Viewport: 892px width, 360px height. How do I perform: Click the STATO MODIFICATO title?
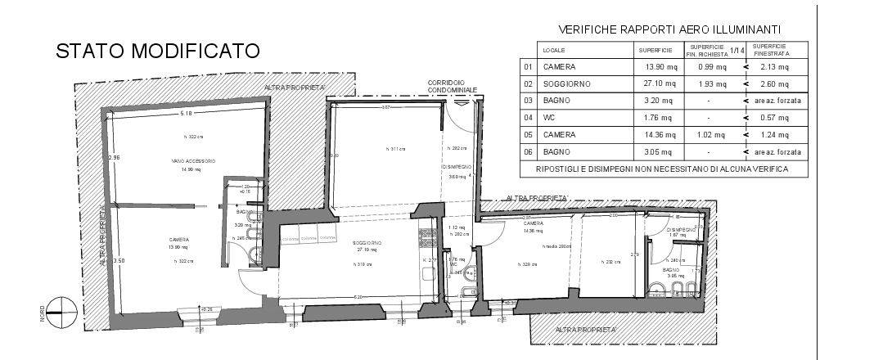(157, 51)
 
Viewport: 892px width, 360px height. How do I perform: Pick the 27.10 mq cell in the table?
(660, 84)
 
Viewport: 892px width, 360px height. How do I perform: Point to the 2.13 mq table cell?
(773, 67)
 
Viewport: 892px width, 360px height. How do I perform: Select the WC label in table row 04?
(548, 118)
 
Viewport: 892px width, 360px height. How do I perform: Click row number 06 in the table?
(529, 152)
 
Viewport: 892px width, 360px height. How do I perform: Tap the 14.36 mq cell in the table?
(660, 135)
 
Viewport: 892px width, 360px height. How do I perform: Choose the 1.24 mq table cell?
(773, 135)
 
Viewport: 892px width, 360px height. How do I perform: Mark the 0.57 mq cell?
(773, 118)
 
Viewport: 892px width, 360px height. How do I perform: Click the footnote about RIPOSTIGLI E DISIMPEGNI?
(662, 169)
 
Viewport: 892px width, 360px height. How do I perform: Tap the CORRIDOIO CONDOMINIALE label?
(447, 87)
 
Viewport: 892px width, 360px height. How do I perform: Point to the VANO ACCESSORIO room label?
(192, 160)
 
